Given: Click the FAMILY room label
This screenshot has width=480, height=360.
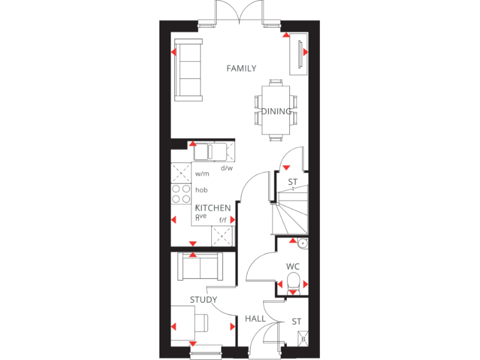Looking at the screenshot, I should pos(241,69).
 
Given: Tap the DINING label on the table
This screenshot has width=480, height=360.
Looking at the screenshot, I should pos(276,112).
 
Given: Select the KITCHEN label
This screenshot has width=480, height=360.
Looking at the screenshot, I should pos(213,208).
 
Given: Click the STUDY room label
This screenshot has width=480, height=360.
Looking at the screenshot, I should pos(203,300).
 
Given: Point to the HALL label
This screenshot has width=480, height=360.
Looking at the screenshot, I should pos(255,319).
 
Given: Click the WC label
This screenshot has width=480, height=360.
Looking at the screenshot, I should pos(293,266).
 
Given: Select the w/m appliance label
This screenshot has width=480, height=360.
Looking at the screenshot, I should pos(201,174).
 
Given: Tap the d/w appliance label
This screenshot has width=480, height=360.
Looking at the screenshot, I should pos(226,167).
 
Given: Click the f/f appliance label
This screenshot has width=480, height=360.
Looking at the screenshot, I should pos(222,220).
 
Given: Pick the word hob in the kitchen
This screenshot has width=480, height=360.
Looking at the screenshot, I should pos(201,190).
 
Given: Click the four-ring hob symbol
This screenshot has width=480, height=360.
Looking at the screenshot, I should pos(181,194).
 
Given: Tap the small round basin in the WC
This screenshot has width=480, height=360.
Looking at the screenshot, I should pos(302,244).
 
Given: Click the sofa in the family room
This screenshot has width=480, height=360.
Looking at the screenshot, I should pos(188,69).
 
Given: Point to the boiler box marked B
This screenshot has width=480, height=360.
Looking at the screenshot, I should pos(304,339).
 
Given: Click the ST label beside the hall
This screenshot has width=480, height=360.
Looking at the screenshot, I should pos(296,322).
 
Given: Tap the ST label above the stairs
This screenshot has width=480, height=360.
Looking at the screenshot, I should pos(292,182).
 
